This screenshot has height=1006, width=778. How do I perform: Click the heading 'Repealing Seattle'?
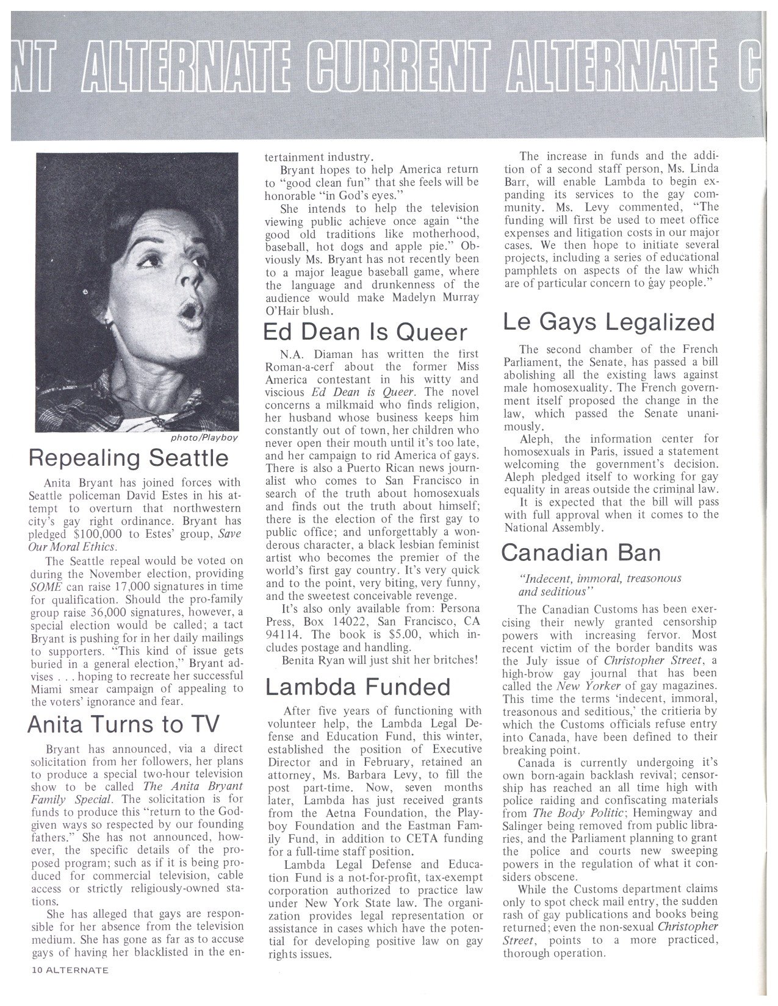pos(129,458)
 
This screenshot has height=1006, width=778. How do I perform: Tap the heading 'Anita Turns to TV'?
pos(123,724)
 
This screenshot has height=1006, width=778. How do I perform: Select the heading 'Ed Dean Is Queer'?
pos(365,333)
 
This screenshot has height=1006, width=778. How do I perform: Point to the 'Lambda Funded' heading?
pos(358,687)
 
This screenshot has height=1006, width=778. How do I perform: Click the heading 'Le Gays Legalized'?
pos(608,322)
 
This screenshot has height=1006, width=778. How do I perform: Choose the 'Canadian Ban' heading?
pos(581,553)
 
